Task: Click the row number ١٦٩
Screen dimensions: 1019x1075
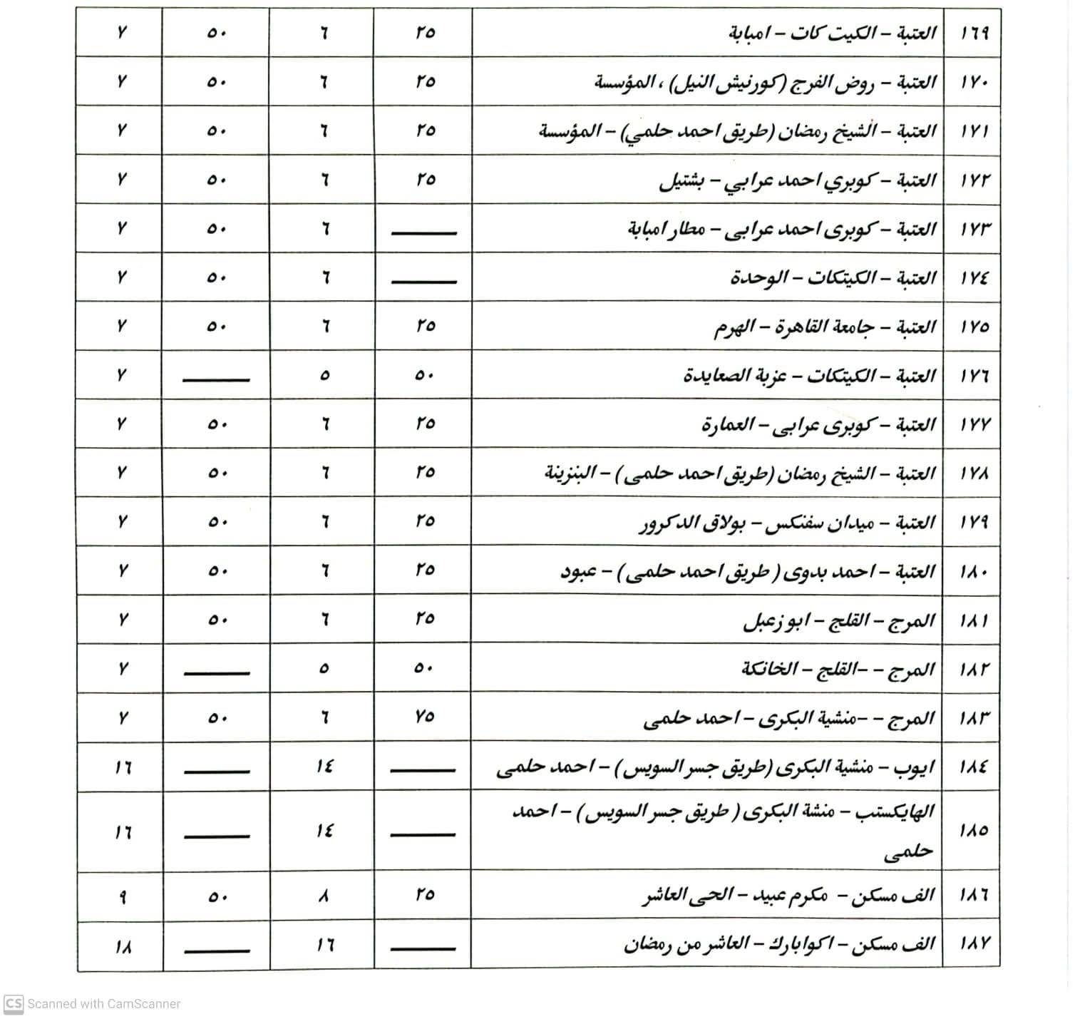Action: (x=974, y=34)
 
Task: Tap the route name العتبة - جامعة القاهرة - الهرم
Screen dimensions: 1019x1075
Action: (x=825, y=327)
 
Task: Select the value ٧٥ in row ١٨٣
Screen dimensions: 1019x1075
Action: (x=424, y=717)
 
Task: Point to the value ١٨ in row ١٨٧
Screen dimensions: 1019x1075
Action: (x=123, y=947)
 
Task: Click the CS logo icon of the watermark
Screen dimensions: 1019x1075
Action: (x=14, y=1003)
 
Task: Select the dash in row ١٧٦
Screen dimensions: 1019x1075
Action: (x=216, y=379)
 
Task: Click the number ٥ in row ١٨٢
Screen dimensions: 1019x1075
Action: (x=324, y=669)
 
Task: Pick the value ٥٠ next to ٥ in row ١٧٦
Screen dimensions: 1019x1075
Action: (x=424, y=376)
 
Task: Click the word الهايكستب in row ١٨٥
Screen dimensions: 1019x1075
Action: (x=900, y=812)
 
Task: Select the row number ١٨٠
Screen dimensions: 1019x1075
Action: (x=974, y=572)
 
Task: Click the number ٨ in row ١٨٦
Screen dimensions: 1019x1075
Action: (x=324, y=896)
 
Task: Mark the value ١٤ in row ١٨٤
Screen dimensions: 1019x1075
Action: (x=324, y=767)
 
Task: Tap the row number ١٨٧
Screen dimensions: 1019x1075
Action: (x=974, y=944)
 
